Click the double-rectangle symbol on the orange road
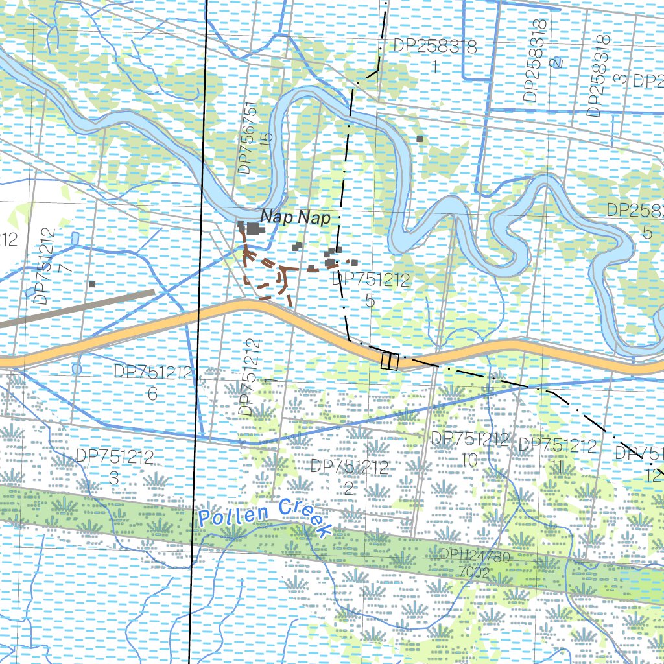point(390,360)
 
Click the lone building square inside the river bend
point(420,139)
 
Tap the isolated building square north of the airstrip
point(92,284)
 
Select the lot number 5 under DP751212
point(370,301)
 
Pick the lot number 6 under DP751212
point(152,393)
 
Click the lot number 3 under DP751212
point(114,479)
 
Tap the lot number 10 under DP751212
point(469,460)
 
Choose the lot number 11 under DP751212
point(556,466)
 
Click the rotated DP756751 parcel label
point(244,137)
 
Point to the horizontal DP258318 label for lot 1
point(435,47)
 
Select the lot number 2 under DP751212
point(348,488)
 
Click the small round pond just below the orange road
point(77,369)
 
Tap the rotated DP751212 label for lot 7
point(41,266)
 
